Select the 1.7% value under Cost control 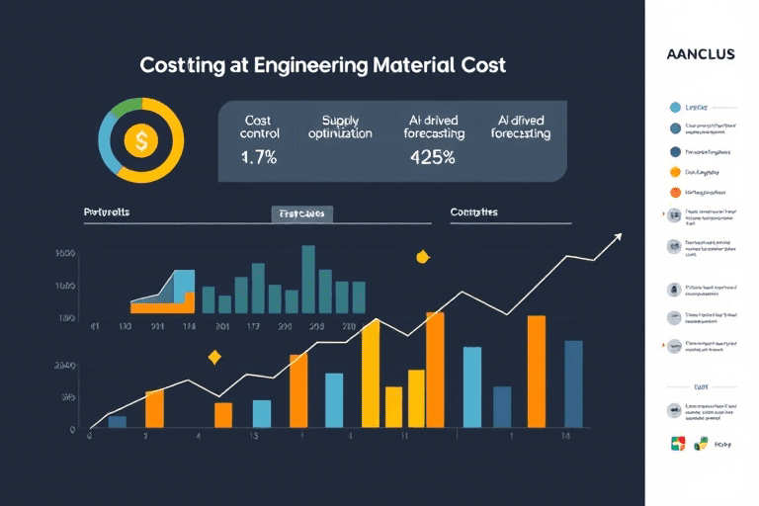pos(260,156)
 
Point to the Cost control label pos(260,126)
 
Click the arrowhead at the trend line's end pos(618,236)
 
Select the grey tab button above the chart pos(302,212)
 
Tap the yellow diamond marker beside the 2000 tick pos(213,357)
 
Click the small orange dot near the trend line pos(423,257)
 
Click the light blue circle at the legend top pos(675,107)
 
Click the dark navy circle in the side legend pos(675,152)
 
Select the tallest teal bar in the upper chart pos(307,277)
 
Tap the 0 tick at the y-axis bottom pos(72,430)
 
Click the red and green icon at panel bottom pos(677,444)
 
